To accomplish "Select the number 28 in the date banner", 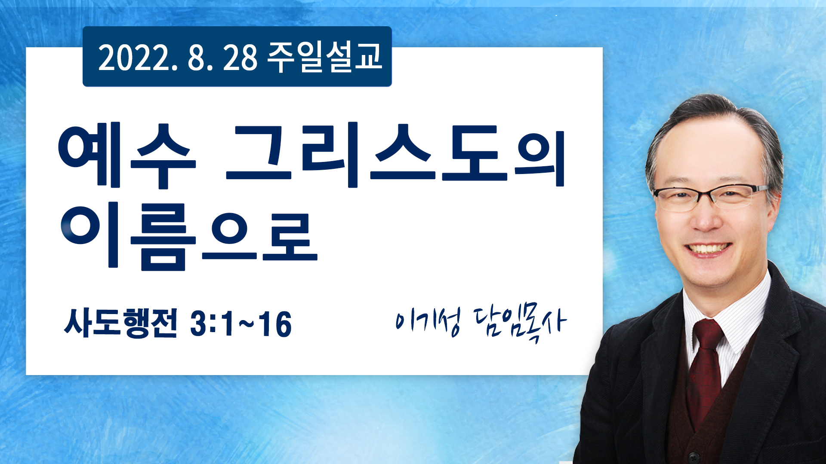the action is coord(240,58).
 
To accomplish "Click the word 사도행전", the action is coord(120,323).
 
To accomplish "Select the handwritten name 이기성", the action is coord(428,321).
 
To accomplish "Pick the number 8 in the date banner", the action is coord(195,58).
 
